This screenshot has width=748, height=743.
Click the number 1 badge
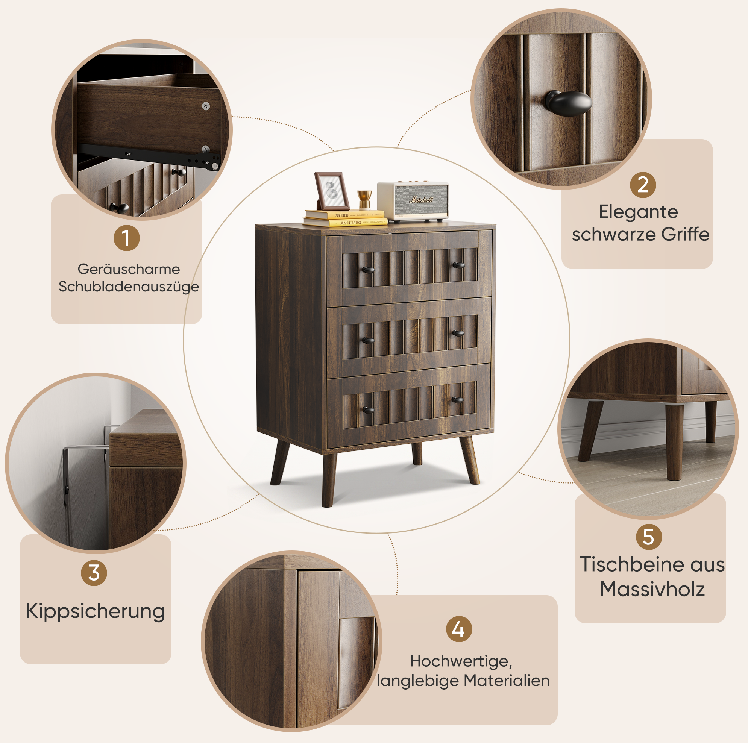point(127,238)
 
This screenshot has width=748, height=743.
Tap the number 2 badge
point(643,185)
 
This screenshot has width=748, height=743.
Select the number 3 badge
point(94,573)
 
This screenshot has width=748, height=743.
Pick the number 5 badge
point(649,537)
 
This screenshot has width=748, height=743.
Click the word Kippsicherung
point(96,611)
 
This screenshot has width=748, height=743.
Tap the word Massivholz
point(652,589)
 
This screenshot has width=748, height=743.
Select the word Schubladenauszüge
point(129,287)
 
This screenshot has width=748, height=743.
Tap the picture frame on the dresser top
point(332,191)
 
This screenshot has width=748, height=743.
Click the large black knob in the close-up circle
point(568,103)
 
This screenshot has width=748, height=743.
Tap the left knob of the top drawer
point(367,270)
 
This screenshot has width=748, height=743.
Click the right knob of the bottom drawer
point(457,400)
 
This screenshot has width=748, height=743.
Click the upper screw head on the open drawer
point(206,106)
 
